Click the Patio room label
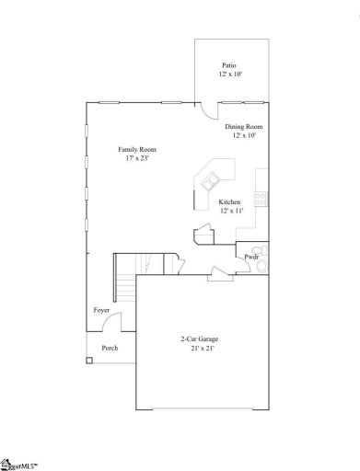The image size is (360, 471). click(x=229, y=65)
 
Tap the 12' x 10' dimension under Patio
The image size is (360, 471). click(x=229, y=75)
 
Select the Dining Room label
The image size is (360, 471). click(x=244, y=126)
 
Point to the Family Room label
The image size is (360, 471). click(x=135, y=149)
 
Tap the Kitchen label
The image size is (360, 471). click(x=229, y=201)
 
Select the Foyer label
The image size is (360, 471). click(x=101, y=311)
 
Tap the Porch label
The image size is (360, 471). click(x=110, y=348)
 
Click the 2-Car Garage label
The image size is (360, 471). click(x=199, y=339)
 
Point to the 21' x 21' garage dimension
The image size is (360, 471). click(x=199, y=350)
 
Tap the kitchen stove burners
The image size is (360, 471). click(x=261, y=197)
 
